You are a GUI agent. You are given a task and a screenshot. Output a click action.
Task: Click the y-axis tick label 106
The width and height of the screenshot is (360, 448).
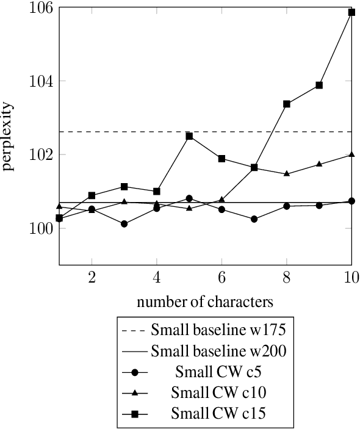[x=38, y=7]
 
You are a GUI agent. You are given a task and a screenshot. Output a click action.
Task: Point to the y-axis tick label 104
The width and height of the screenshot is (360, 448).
[x=38, y=81]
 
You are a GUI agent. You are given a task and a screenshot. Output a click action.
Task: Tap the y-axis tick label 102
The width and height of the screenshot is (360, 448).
[x=38, y=155]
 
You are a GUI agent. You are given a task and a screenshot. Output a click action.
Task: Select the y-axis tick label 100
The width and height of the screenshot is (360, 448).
[x=38, y=229]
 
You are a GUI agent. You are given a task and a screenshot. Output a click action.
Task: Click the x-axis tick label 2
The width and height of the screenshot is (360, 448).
[x=92, y=277]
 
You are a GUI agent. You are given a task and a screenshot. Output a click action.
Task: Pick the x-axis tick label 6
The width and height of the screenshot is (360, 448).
[x=221, y=277]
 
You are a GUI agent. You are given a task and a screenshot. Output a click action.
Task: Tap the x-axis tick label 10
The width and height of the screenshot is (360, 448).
[x=350, y=277]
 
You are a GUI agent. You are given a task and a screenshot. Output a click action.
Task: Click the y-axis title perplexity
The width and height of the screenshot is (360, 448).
[x=9, y=137]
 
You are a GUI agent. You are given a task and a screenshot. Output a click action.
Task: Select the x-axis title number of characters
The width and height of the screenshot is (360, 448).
[x=204, y=302]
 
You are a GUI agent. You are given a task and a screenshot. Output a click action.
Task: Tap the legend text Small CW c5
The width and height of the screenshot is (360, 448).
[x=218, y=372]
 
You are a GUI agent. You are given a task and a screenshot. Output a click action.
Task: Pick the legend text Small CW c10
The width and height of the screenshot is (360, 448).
[x=218, y=392]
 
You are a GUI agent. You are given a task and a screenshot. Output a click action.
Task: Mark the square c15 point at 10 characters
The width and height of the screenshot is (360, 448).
[x=351, y=12]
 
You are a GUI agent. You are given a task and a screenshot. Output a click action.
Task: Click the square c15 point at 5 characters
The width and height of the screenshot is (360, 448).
[x=189, y=136]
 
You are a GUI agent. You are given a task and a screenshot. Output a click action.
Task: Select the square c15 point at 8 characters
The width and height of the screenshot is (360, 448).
[x=287, y=104]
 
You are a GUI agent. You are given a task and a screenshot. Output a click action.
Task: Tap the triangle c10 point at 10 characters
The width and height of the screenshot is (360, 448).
[x=351, y=154]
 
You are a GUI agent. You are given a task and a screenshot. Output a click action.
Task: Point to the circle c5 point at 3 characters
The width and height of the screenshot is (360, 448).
[x=124, y=224]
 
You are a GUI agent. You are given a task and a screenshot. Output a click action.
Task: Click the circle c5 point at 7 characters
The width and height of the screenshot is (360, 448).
[x=254, y=219]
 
